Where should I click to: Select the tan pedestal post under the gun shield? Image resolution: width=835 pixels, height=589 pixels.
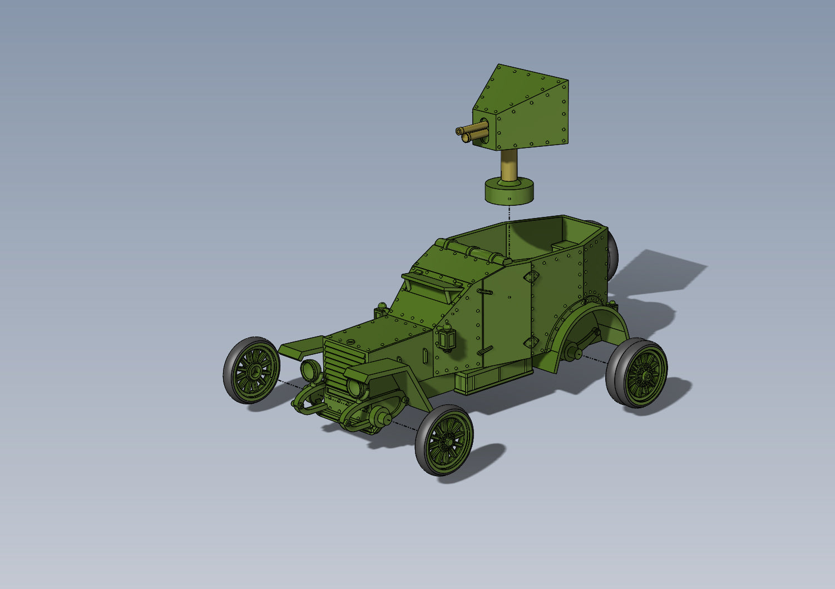[508, 165]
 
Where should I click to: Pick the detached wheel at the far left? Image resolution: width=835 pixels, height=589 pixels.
[251, 370]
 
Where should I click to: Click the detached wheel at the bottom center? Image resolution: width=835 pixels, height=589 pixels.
[444, 439]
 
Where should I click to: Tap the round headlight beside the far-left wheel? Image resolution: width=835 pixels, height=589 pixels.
[310, 369]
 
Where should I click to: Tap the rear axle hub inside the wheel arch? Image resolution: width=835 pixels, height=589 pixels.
[573, 352]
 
